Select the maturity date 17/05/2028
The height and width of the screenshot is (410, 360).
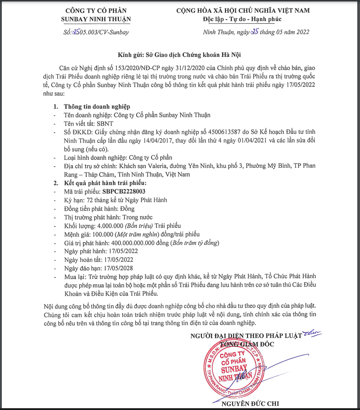120,268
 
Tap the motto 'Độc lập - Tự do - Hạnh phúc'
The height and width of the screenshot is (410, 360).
243,19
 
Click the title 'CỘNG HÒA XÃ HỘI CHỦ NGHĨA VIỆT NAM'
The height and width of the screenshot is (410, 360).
243,10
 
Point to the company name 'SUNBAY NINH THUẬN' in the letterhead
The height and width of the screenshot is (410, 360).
96,19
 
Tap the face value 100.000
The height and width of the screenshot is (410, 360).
103,234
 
